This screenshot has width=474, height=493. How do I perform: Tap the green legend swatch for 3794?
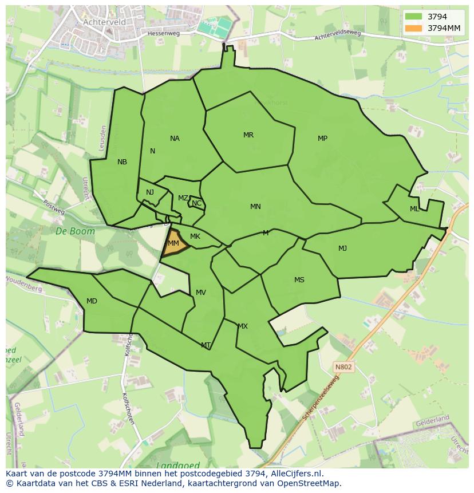413,17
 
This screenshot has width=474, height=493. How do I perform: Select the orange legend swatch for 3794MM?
413,28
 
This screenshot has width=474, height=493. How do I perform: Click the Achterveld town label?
104,22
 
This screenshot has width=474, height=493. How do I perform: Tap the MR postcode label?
248,135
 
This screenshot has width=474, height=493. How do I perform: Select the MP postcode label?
322,139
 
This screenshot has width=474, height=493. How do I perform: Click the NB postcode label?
122,162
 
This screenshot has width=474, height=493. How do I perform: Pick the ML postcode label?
414,209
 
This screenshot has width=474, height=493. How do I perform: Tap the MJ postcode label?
342,248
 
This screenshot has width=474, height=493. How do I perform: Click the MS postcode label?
299,280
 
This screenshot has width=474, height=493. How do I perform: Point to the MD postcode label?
92,301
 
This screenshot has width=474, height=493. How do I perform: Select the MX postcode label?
243,326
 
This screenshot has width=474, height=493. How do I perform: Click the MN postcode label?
255,207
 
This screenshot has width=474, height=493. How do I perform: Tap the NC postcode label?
196,203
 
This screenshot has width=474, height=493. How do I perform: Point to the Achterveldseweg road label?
338,36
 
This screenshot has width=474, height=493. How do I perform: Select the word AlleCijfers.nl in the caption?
295,474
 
